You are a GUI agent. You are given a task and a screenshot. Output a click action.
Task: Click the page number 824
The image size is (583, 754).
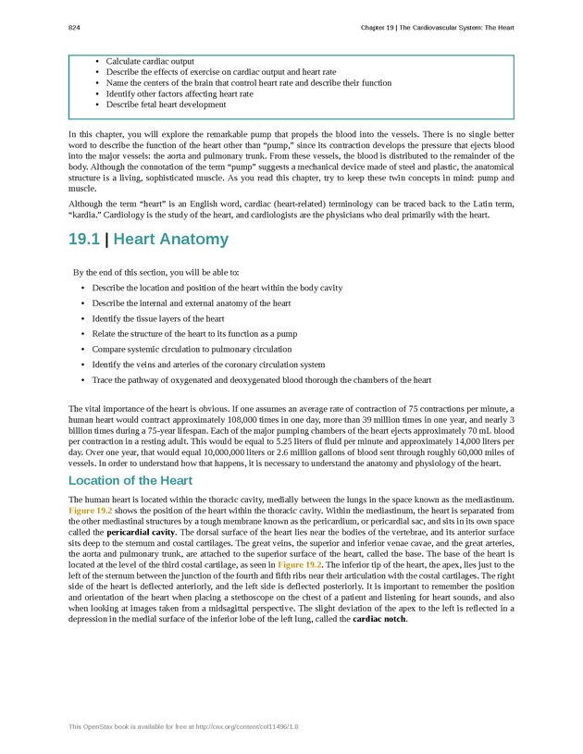74,28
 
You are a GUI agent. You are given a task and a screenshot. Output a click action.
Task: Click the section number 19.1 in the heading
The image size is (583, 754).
83,240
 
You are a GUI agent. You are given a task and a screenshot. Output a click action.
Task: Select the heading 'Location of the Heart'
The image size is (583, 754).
130,481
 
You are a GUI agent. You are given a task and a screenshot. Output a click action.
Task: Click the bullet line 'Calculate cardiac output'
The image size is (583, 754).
150,61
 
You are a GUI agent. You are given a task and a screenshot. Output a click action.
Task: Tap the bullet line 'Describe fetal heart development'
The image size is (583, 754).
166,105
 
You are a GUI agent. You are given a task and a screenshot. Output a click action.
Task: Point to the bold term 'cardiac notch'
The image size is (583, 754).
379,619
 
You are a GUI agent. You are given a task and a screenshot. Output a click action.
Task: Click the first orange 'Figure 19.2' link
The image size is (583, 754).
91,511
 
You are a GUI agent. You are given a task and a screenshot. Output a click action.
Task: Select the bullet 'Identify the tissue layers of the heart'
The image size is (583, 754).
158,318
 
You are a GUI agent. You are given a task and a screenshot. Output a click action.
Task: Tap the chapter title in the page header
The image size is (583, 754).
437,28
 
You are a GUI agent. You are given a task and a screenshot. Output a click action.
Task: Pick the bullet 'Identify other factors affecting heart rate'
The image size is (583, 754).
180,93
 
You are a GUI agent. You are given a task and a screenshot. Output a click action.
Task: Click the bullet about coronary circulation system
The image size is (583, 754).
208,365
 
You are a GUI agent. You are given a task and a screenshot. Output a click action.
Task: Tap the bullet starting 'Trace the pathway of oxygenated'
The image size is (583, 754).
262,380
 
